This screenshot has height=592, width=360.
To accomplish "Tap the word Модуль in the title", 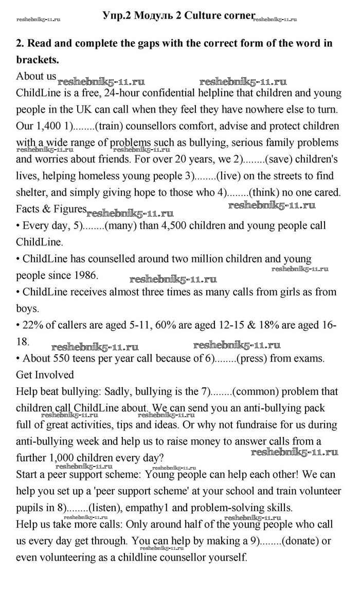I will click(152, 16).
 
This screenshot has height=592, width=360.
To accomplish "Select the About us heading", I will click(36, 76).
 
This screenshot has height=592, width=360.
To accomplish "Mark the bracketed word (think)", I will click(264, 192).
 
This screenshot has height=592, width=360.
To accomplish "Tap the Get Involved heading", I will click(45, 374).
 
